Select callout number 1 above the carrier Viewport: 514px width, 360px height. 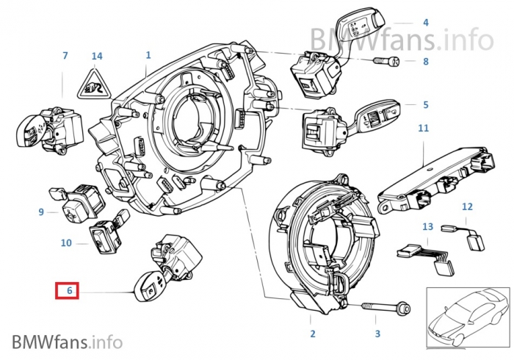click(x=148, y=54)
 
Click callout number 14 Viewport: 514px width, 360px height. click(x=97, y=56)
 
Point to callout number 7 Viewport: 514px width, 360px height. click(x=65, y=56)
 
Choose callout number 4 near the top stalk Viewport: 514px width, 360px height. click(x=425, y=24)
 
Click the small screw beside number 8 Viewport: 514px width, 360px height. click(x=386, y=62)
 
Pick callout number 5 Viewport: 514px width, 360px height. click(x=425, y=105)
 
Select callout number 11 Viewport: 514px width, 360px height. click(x=424, y=129)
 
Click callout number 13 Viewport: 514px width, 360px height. click(x=427, y=227)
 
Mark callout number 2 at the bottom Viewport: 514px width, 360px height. click(x=312, y=334)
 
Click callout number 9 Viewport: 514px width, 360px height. click(x=41, y=212)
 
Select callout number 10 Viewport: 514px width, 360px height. click(x=66, y=242)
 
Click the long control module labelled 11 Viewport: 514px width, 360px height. click(x=430, y=179)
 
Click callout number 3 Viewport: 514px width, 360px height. click(x=377, y=334)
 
